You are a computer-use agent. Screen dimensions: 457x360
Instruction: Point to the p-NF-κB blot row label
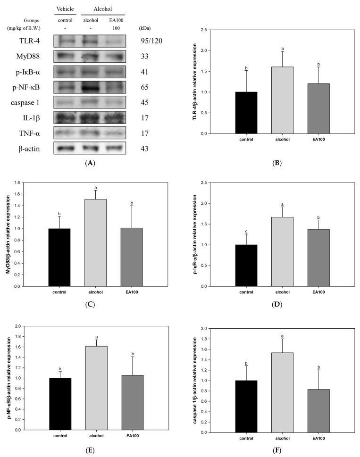29,87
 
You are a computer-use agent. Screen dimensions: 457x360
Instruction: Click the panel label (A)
88,162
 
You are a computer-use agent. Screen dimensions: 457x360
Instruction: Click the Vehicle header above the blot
65,9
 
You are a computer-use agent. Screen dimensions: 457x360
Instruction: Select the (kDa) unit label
147,28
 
